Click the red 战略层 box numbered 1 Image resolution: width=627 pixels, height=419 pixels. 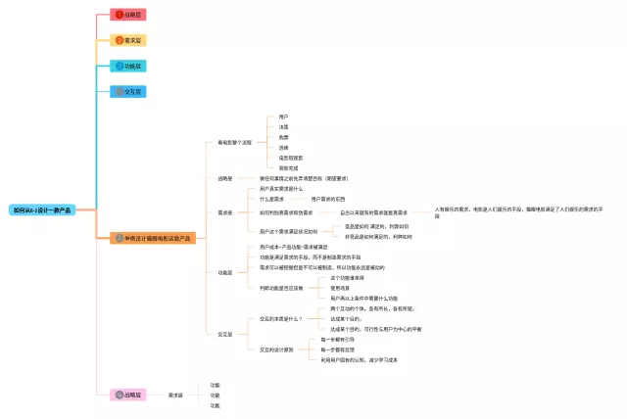[x=129, y=15]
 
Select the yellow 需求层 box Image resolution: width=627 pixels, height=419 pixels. [x=129, y=40]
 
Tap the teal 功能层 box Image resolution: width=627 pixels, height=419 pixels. [x=129, y=67]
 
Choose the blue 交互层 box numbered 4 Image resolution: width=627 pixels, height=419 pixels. [x=129, y=92]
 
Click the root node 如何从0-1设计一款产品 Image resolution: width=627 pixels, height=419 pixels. [x=40, y=210]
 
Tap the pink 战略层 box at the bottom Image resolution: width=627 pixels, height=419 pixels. [x=129, y=395]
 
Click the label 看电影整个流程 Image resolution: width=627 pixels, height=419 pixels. [x=234, y=143]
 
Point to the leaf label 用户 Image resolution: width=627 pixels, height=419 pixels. [x=283, y=116]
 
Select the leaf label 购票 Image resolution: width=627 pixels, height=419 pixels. [x=283, y=137]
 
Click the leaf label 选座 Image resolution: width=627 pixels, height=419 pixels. [x=283, y=148]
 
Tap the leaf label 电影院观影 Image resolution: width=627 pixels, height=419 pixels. [x=290, y=158]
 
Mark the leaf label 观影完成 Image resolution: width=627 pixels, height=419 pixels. [x=287, y=167]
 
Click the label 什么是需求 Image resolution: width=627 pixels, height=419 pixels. [x=272, y=199]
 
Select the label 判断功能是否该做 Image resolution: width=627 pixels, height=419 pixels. [x=281, y=288]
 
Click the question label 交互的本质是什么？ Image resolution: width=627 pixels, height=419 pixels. [x=281, y=318]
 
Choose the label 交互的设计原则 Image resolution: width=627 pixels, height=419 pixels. [x=277, y=349]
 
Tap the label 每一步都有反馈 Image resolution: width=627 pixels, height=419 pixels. [x=337, y=349]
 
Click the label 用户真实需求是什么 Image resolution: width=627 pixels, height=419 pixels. [x=281, y=188]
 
